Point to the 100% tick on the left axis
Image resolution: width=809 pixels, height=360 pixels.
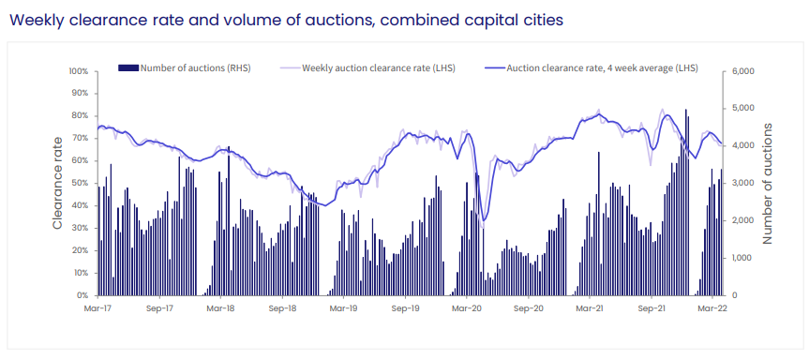[78, 71]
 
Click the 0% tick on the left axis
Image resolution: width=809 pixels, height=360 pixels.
[82, 295]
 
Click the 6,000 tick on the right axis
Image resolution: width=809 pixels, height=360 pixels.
[743, 71]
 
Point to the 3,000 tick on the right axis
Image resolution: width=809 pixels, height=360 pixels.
[743, 183]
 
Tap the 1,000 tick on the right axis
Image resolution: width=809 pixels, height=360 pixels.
[743, 258]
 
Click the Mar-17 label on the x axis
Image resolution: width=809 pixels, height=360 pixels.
[98, 307]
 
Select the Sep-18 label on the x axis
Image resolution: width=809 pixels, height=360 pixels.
[282, 307]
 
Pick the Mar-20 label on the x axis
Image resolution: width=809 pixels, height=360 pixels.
[466, 307]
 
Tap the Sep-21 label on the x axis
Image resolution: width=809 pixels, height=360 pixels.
[651, 307]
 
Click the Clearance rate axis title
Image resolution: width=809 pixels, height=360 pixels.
[57, 182]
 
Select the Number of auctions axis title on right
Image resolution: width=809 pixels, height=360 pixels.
[768, 183]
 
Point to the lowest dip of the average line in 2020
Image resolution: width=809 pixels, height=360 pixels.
[484, 219]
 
